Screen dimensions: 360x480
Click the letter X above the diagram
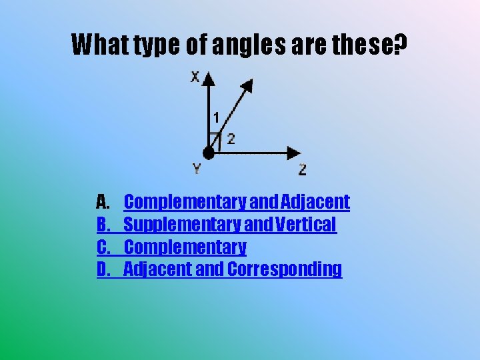point(195,77)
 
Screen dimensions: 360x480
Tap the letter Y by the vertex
point(197,169)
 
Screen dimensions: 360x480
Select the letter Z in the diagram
point(303,170)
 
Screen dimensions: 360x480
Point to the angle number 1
point(215,118)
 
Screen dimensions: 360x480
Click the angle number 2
point(231,139)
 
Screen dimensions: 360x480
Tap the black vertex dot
point(209,153)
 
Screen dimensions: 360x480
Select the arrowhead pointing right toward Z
point(293,153)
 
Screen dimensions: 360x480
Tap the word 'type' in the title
point(153,45)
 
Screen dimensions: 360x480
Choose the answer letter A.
point(103,201)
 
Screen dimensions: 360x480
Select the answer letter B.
point(103,225)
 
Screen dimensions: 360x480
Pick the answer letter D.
point(103,269)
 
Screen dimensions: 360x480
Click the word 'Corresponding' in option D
point(285,269)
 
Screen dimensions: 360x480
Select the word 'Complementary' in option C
point(185,247)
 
